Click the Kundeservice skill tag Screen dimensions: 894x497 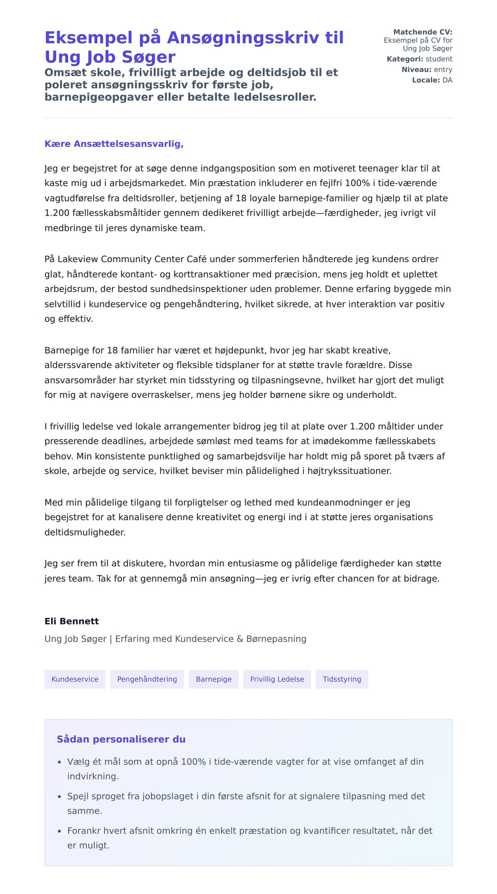pos(75,679)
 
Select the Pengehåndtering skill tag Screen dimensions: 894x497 pos(147,679)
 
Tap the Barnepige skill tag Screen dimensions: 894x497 pos(214,679)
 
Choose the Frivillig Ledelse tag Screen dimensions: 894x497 pos(277,679)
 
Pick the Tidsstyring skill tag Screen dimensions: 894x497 pos(342,679)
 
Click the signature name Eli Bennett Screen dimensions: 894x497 pos(72,621)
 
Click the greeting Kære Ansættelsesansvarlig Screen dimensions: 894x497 pos(114,144)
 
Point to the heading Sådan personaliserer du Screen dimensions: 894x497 pos(121,739)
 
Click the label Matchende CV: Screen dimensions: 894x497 pos(422,32)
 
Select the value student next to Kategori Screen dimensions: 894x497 pos(439,59)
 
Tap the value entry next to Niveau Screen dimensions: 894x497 pos(443,70)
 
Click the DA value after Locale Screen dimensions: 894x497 pos(447,80)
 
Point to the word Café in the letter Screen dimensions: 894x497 pos(196,259)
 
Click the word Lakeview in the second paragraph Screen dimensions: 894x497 pos(78,259)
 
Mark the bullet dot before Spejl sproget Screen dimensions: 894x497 pos(59,797)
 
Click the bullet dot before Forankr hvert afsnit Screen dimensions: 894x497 pos(59,831)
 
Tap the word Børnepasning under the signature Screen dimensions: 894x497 pos(276,639)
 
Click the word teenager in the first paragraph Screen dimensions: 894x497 pos(378,169)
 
